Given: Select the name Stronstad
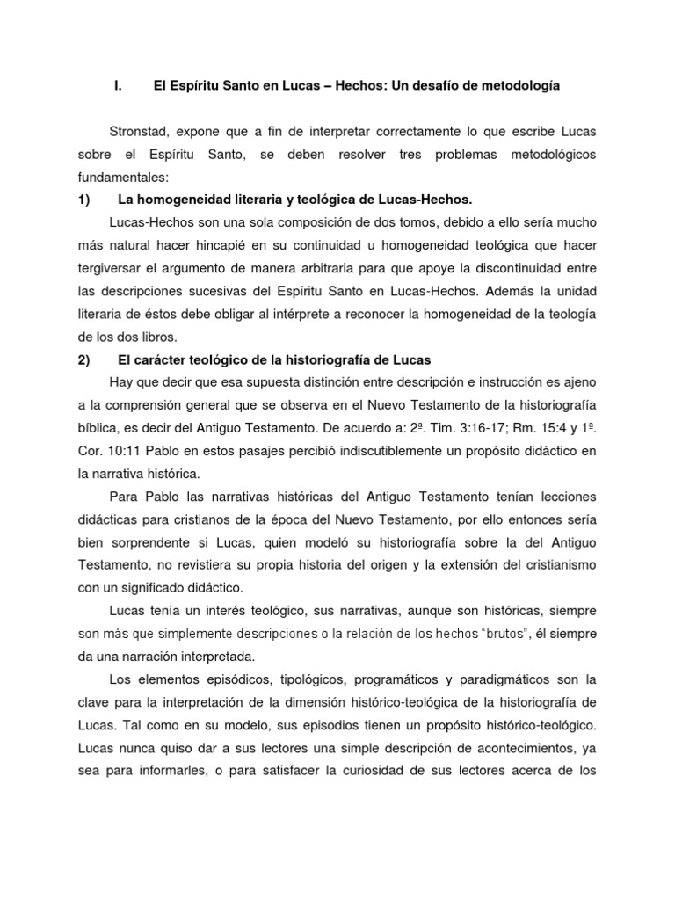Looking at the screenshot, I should point(140,131).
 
